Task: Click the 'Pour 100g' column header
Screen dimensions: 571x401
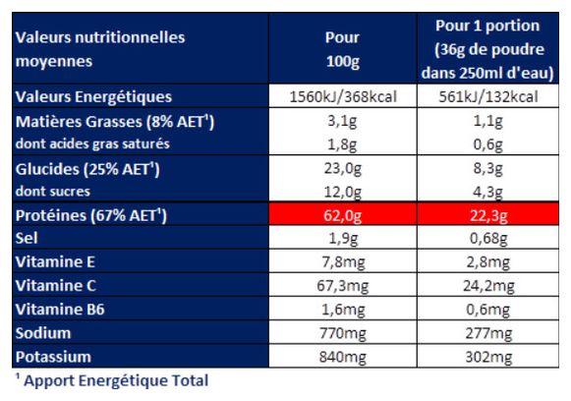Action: point(342,49)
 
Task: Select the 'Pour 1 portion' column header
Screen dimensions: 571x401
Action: point(487,26)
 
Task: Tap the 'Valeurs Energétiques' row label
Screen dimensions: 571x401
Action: point(93,97)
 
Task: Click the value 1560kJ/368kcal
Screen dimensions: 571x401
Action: point(343,97)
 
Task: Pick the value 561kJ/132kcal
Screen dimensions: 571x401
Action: point(488,97)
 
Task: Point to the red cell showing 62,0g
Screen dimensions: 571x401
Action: point(343,215)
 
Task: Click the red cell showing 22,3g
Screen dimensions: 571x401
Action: point(488,215)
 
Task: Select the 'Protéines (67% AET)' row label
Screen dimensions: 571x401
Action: point(91,215)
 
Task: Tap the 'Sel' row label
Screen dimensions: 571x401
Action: point(27,238)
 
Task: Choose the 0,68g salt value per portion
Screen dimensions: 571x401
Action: point(488,239)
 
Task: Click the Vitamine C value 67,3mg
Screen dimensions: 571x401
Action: point(343,286)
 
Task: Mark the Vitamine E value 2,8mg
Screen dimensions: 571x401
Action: point(488,262)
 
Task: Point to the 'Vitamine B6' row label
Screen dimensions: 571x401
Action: point(60,310)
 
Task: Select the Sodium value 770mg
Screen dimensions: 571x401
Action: point(343,333)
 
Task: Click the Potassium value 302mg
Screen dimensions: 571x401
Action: point(488,357)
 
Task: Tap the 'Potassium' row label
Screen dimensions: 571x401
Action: point(53,357)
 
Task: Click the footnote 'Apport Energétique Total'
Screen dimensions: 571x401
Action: point(116,380)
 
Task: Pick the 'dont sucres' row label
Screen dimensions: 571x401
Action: point(53,192)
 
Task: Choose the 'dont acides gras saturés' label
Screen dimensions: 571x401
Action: point(92,143)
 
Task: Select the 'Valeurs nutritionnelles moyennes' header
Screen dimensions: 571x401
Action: point(100,49)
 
